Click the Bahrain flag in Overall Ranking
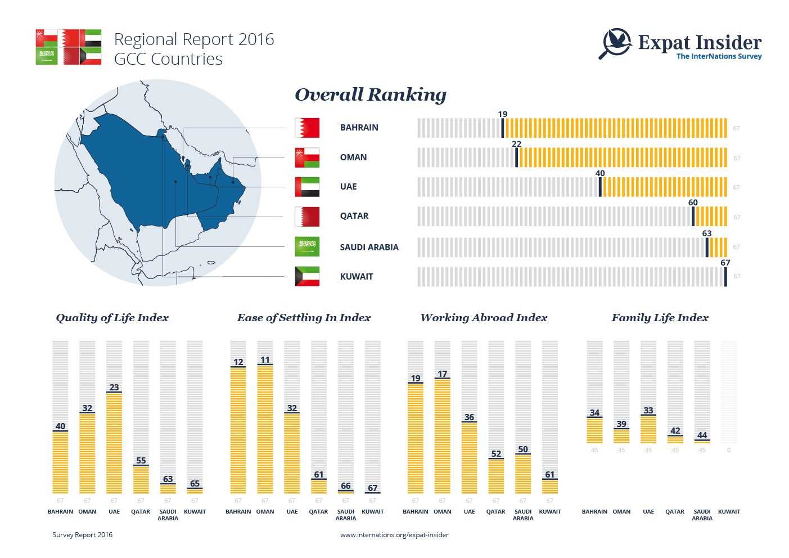click(x=307, y=128)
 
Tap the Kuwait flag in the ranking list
click(x=307, y=276)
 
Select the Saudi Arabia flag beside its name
click(x=307, y=246)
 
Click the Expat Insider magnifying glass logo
click(x=616, y=43)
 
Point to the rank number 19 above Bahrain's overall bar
click(x=502, y=114)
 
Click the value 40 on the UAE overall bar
click(x=600, y=173)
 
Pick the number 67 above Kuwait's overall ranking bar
click(x=725, y=263)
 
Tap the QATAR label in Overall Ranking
click(x=354, y=216)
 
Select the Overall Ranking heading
click(x=371, y=94)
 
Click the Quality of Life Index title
click(x=112, y=318)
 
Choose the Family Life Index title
click(x=660, y=318)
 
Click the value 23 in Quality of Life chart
click(x=114, y=387)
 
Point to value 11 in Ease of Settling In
click(x=265, y=360)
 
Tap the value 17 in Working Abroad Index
click(x=443, y=373)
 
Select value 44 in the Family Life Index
click(x=702, y=435)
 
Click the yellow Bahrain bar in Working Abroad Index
click(x=416, y=439)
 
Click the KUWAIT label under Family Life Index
click(x=729, y=512)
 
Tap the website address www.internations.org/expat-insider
click(x=394, y=535)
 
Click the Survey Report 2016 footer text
click(x=82, y=535)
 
